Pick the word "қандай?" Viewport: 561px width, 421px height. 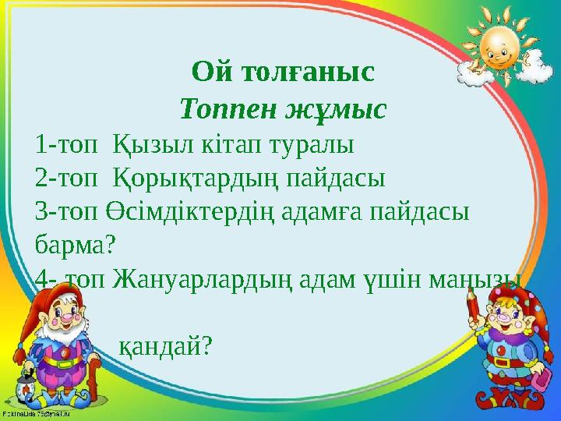(166, 345)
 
